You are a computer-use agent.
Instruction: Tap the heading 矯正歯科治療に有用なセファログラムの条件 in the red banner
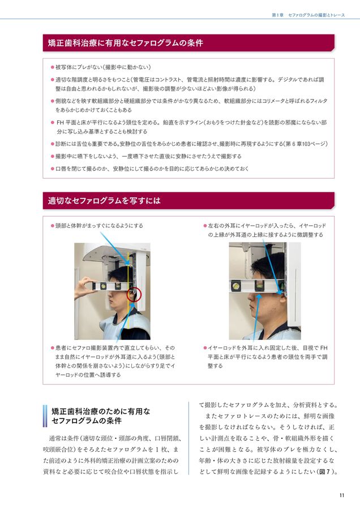click(126, 42)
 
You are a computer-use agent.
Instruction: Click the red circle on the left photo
click(135, 294)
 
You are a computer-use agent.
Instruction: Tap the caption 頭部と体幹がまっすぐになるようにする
click(99, 226)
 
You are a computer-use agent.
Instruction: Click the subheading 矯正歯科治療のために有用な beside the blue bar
click(100, 411)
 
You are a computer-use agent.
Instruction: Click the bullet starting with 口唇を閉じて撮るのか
click(152, 169)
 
